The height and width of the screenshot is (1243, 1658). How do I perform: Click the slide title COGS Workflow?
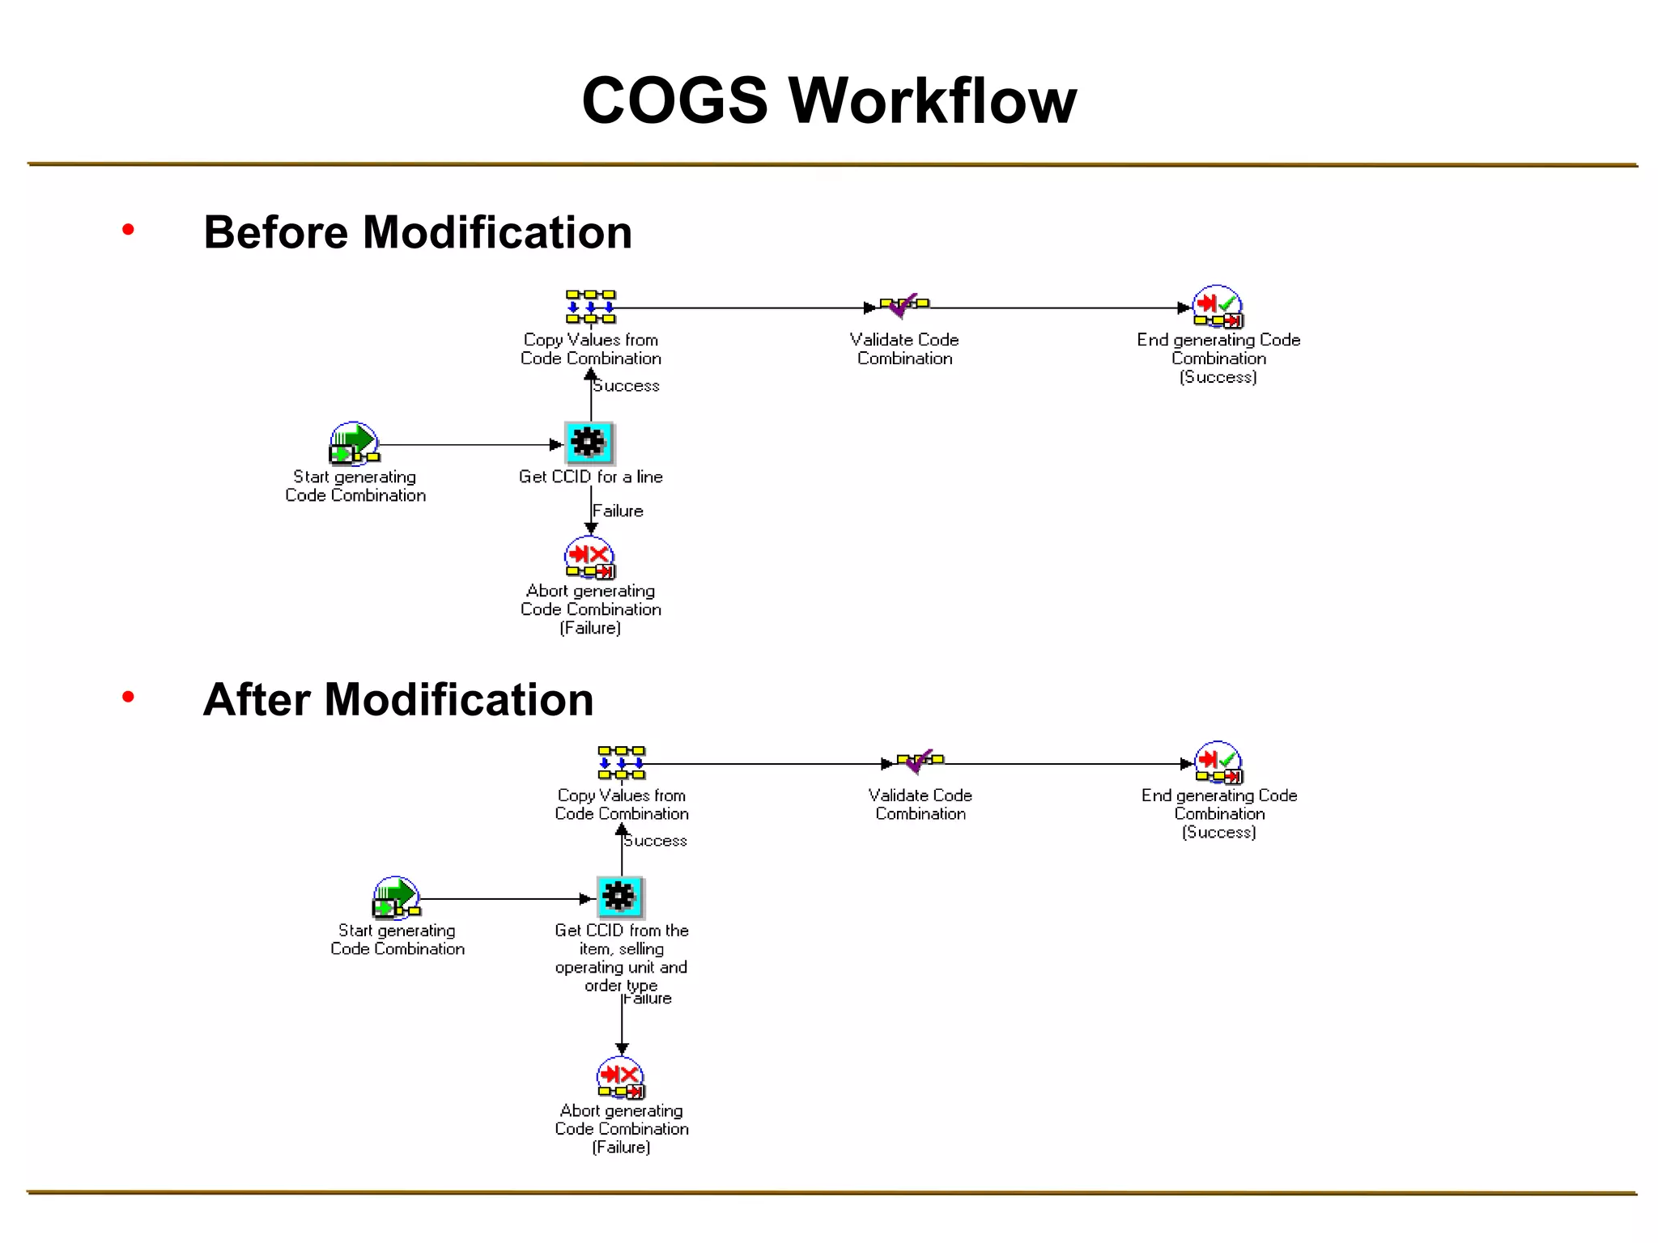(829, 100)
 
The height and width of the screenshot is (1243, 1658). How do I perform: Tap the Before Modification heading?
(418, 232)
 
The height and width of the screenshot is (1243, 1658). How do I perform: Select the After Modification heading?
(398, 699)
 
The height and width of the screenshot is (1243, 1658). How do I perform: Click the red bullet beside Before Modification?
(128, 231)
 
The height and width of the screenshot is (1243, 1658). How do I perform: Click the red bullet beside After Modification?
(128, 697)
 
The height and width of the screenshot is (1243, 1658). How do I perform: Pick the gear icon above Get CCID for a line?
(589, 443)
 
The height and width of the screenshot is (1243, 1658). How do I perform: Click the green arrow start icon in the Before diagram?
(355, 443)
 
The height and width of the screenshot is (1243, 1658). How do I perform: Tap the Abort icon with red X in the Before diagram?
(590, 558)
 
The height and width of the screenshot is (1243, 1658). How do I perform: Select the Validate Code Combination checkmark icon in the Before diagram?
(904, 306)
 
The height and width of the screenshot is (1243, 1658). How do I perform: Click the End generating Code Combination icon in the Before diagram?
(1218, 307)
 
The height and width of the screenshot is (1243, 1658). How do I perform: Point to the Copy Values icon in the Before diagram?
(590, 307)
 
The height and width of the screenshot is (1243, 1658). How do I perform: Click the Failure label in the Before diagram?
(618, 511)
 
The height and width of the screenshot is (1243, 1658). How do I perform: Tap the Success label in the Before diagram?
(627, 386)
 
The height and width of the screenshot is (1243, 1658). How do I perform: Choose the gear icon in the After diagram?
(620, 897)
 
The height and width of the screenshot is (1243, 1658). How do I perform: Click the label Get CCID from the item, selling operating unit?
(622, 958)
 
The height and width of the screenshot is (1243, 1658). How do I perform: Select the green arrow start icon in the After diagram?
(396, 897)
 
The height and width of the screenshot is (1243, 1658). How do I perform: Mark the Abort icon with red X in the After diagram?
(621, 1078)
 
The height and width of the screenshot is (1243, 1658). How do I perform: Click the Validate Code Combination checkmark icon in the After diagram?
(920, 761)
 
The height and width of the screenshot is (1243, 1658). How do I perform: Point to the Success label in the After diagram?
(656, 842)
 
